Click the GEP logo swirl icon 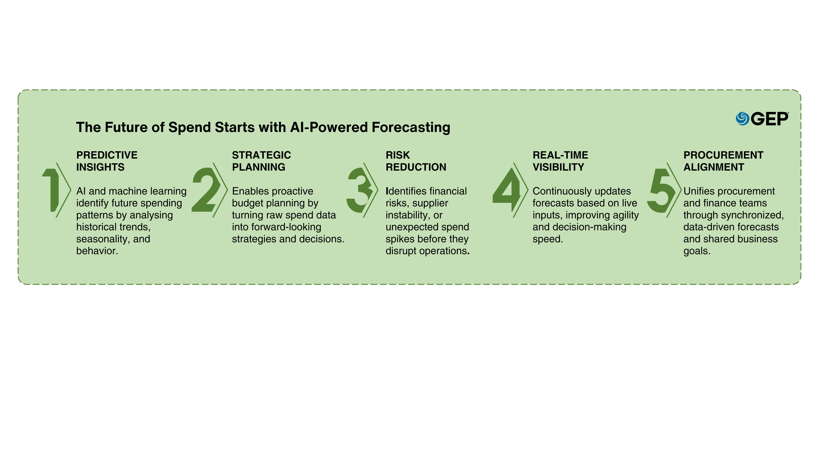pyautogui.click(x=743, y=119)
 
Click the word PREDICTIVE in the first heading pyautogui.click(x=107, y=155)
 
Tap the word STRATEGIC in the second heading pyautogui.click(x=261, y=155)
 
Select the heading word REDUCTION pyautogui.click(x=416, y=167)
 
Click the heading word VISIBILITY pyautogui.click(x=558, y=167)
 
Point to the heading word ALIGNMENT pyautogui.click(x=714, y=167)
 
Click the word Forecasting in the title pyautogui.click(x=411, y=127)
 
